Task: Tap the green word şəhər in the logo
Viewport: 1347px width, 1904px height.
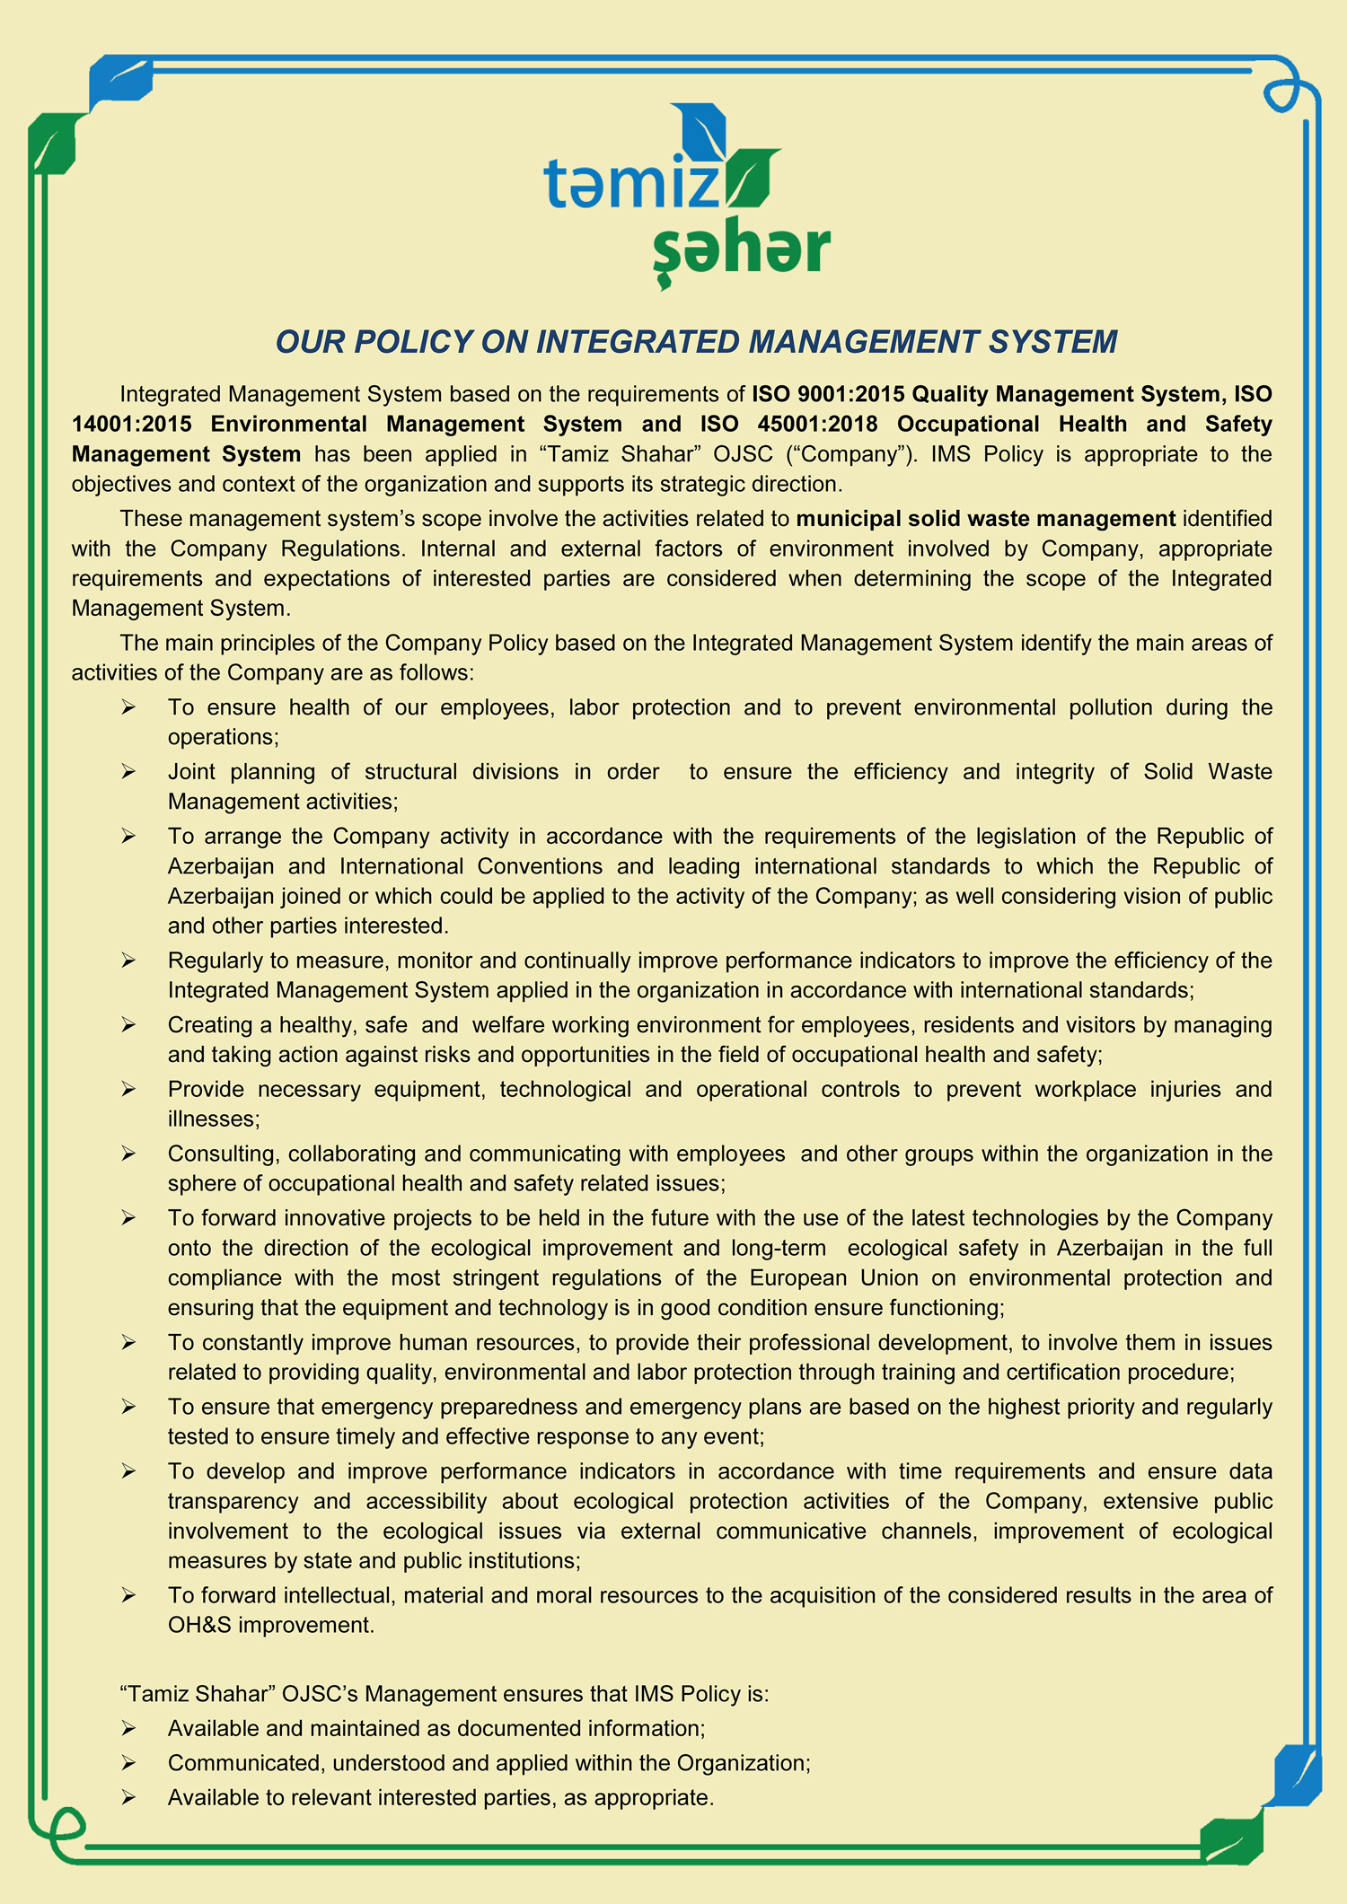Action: click(x=741, y=250)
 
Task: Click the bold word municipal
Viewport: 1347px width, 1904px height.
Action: click(x=848, y=519)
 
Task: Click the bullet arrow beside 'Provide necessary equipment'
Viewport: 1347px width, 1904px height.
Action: click(x=128, y=1090)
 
